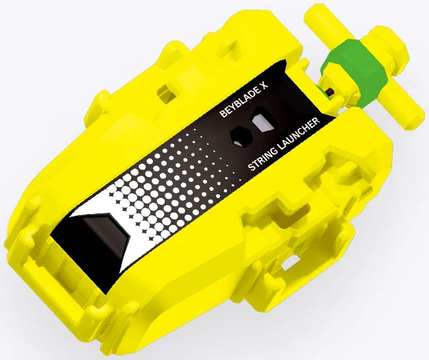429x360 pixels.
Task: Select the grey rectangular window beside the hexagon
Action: [263, 122]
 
